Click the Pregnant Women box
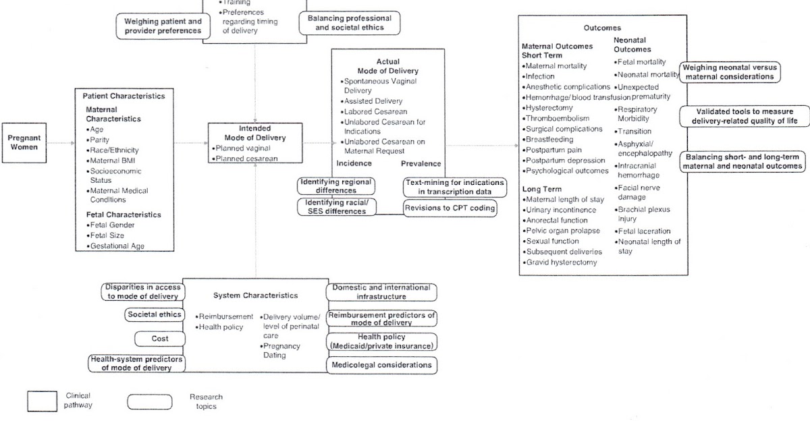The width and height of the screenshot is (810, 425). click(24, 142)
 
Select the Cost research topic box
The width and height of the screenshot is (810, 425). click(160, 339)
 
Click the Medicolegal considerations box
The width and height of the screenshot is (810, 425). click(381, 365)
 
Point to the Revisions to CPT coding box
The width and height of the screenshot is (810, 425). click(451, 208)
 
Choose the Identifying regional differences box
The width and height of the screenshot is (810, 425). click(337, 186)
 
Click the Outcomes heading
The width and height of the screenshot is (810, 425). click(602, 28)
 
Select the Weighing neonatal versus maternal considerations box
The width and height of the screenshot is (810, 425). click(729, 72)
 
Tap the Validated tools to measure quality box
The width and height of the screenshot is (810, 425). click(744, 116)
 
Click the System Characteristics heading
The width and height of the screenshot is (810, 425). click(255, 295)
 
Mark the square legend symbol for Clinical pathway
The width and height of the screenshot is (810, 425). click(42, 401)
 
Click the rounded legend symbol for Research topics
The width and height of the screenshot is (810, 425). click(148, 401)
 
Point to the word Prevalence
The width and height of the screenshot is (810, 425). click(421, 163)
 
